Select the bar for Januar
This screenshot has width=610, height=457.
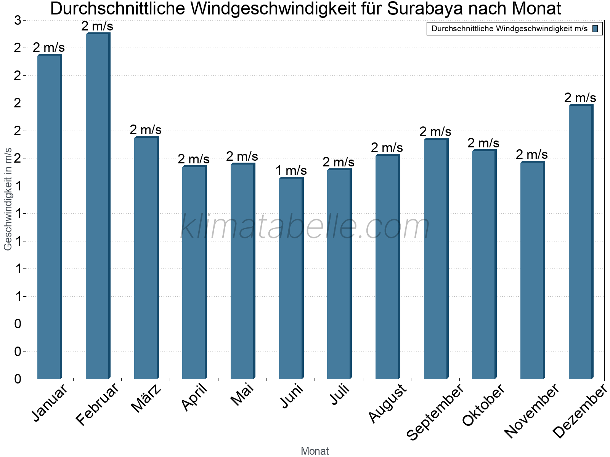tap(49, 217)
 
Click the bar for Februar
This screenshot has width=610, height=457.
tap(98, 206)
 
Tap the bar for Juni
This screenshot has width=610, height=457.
tap(291, 278)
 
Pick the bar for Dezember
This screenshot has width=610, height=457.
tap(581, 242)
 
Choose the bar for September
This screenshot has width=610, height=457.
tap(436, 259)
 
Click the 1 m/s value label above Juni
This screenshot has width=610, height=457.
tap(291, 171)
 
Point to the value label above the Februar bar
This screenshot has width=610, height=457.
tap(97, 26)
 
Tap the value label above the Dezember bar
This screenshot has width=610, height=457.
tap(580, 97)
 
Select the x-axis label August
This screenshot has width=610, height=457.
tap(388, 403)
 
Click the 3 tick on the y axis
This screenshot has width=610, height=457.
tap(18, 21)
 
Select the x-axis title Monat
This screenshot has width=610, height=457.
tap(315, 451)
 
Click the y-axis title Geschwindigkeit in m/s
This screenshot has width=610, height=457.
tap(8, 199)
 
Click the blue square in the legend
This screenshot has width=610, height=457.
tap(595, 29)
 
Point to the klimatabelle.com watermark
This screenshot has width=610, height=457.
tap(305, 227)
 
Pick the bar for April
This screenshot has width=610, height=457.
tap(194, 273)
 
